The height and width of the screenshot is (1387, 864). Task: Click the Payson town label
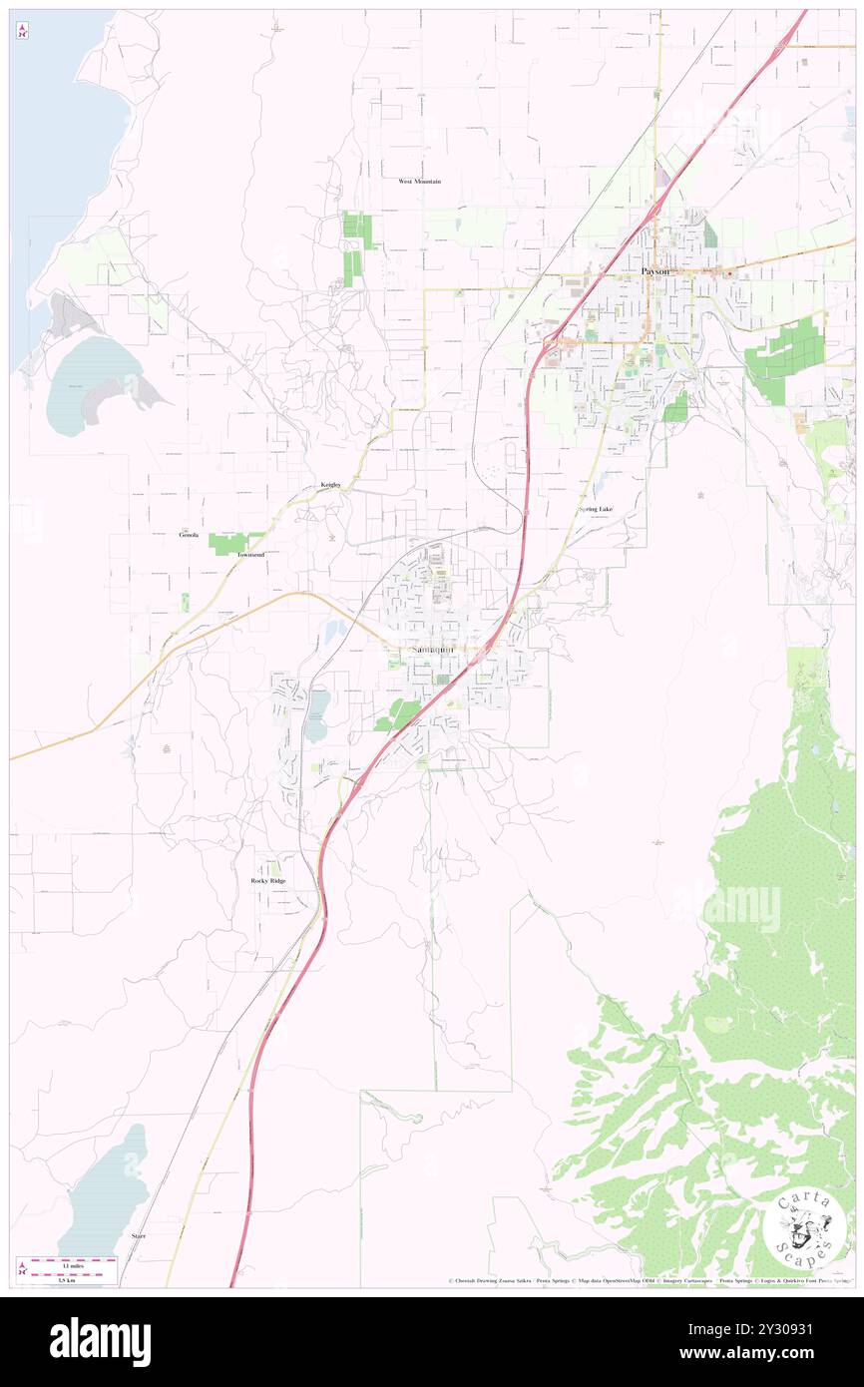[x=655, y=271]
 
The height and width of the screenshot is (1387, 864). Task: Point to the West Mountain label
[x=419, y=182]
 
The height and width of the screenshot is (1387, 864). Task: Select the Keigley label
[x=330, y=485]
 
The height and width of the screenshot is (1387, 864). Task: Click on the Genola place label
[x=189, y=535]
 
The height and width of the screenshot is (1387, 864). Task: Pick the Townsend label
[x=250, y=554]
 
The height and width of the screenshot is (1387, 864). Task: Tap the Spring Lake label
[x=596, y=510]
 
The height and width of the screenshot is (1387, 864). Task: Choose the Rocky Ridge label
[x=267, y=881]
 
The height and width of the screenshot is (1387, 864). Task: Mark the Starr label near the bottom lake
[x=138, y=1235]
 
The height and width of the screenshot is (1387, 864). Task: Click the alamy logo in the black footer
[x=100, y=1342]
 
